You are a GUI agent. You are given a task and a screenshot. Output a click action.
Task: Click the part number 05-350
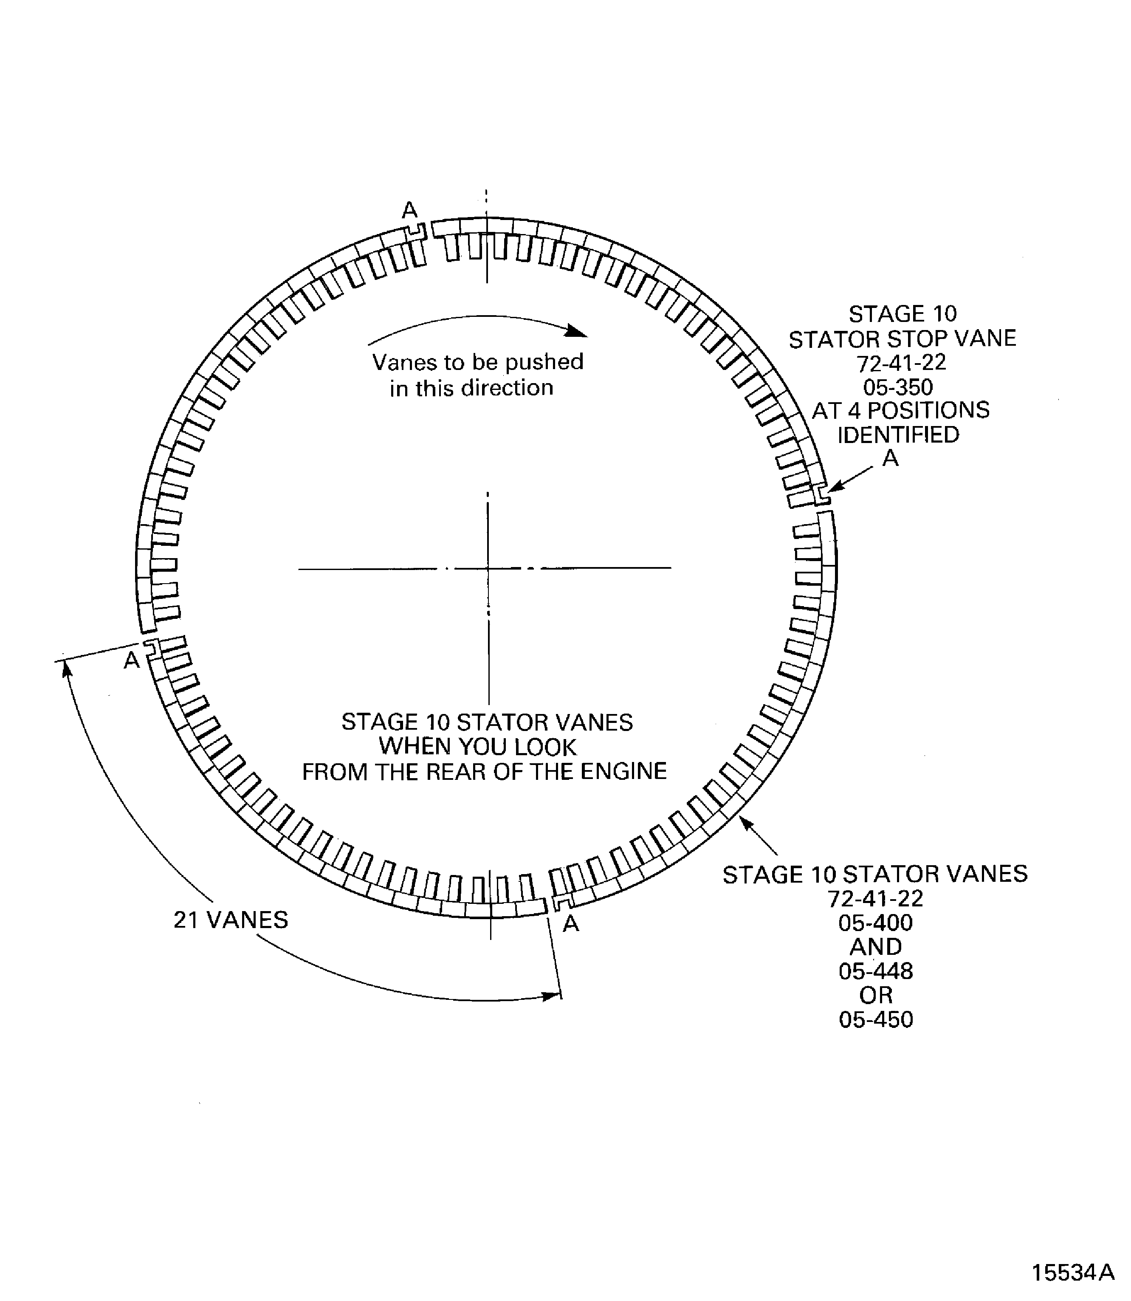tap(898, 387)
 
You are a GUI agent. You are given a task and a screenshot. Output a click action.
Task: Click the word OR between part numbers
tap(876, 996)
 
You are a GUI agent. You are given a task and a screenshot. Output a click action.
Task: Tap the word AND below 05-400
tap(876, 947)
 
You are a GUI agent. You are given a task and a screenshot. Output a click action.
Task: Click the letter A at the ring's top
tap(409, 209)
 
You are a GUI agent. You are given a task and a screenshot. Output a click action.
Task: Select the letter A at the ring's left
tap(131, 660)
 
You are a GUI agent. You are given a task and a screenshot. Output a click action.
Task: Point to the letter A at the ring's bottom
tap(570, 924)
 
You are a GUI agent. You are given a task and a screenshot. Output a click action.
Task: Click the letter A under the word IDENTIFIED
tap(890, 458)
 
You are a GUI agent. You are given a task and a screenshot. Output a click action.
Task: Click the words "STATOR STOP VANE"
tap(903, 339)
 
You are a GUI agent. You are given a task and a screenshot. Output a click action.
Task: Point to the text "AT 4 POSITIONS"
tap(901, 410)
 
